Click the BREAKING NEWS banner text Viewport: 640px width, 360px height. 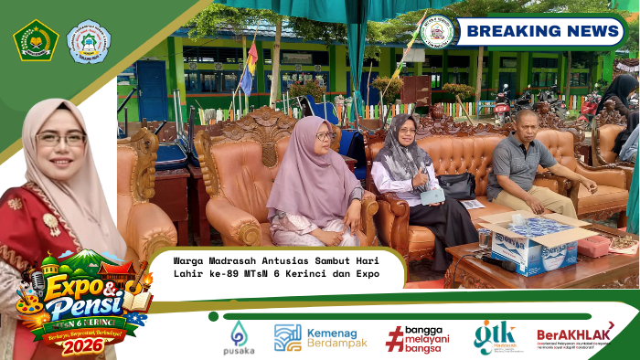pyautogui.click(x=543, y=32)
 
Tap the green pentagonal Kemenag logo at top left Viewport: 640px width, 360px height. pyautogui.click(x=36, y=40)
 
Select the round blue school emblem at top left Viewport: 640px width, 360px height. pyautogui.click(x=89, y=41)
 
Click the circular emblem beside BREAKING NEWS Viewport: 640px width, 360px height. pyautogui.click(x=438, y=32)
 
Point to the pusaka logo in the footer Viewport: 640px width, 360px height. pyautogui.click(x=239, y=337)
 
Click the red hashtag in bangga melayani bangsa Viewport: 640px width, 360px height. pyautogui.click(x=395, y=338)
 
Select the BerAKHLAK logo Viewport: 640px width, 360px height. pyautogui.click(x=575, y=337)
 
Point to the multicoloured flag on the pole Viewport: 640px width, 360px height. pyautogui.click(x=249, y=69)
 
